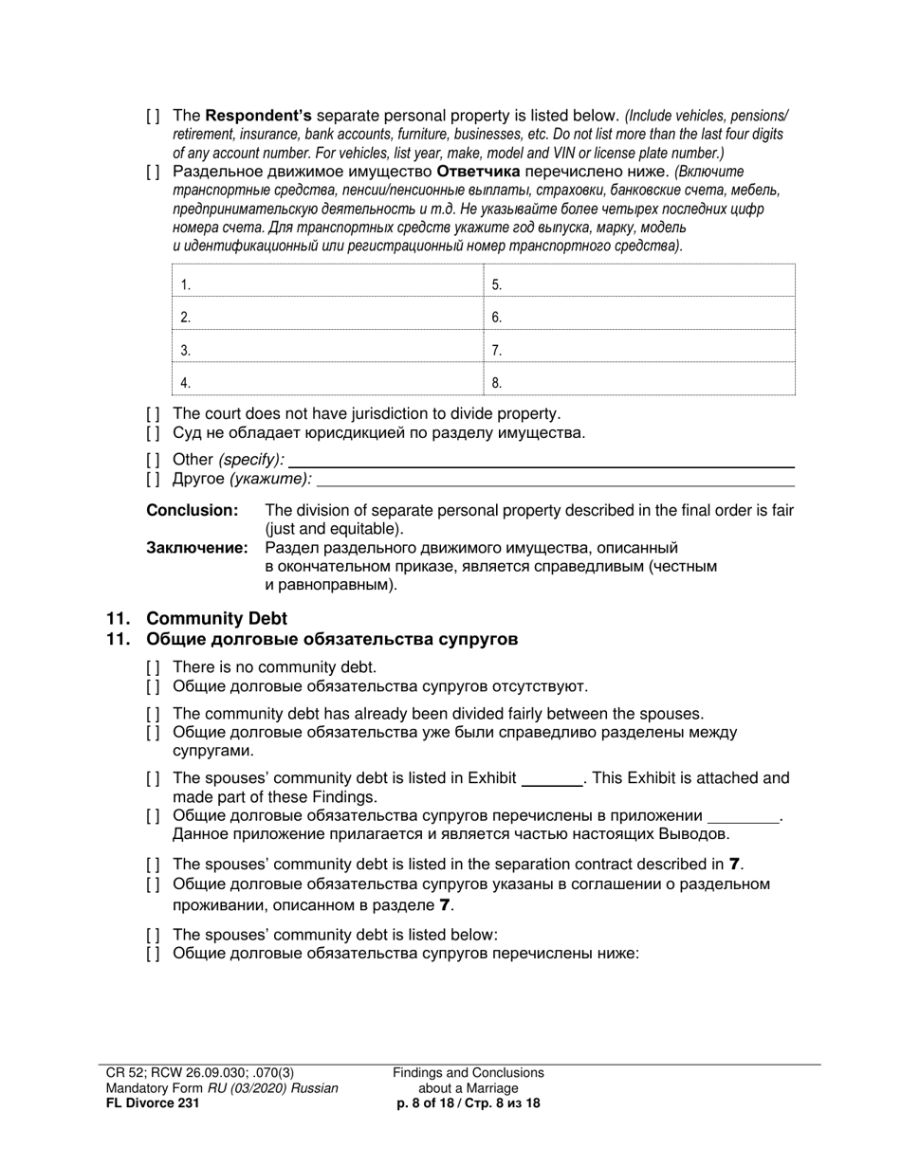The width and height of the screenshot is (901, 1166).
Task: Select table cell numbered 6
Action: click(639, 317)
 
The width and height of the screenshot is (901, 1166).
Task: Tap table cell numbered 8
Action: click(639, 382)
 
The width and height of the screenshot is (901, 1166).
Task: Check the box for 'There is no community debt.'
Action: click(153, 667)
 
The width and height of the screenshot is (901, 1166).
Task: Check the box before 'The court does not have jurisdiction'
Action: click(153, 414)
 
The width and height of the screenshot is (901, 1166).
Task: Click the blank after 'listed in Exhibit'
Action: click(553, 779)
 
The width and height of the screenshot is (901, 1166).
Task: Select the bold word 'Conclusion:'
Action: click(192, 511)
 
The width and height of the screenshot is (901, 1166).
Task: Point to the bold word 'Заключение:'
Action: click(197, 548)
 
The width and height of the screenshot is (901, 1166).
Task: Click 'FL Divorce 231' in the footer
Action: click(153, 1103)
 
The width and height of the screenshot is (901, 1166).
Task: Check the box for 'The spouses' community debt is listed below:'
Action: click(153, 934)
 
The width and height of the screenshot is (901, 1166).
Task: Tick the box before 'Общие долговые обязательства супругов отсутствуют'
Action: click(153, 686)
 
